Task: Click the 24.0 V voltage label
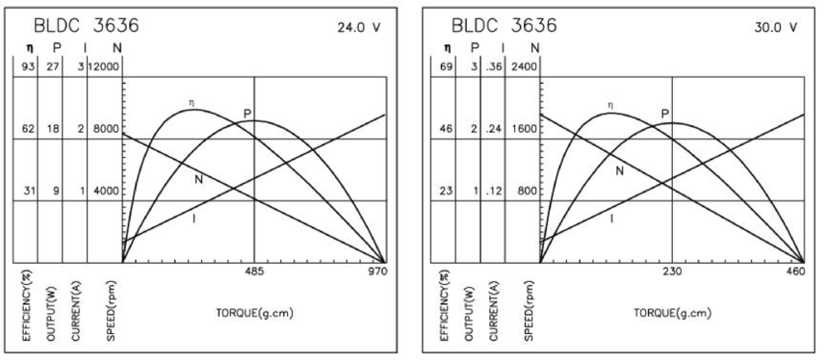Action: [x=359, y=27]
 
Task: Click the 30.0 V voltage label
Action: [x=776, y=27]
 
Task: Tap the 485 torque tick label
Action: [x=255, y=271]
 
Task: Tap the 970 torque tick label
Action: [x=377, y=271]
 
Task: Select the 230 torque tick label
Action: [x=672, y=271]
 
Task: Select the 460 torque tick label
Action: [x=795, y=271]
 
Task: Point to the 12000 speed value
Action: [x=105, y=67]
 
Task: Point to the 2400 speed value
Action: [x=523, y=67]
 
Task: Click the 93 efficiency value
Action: [x=28, y=67]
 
